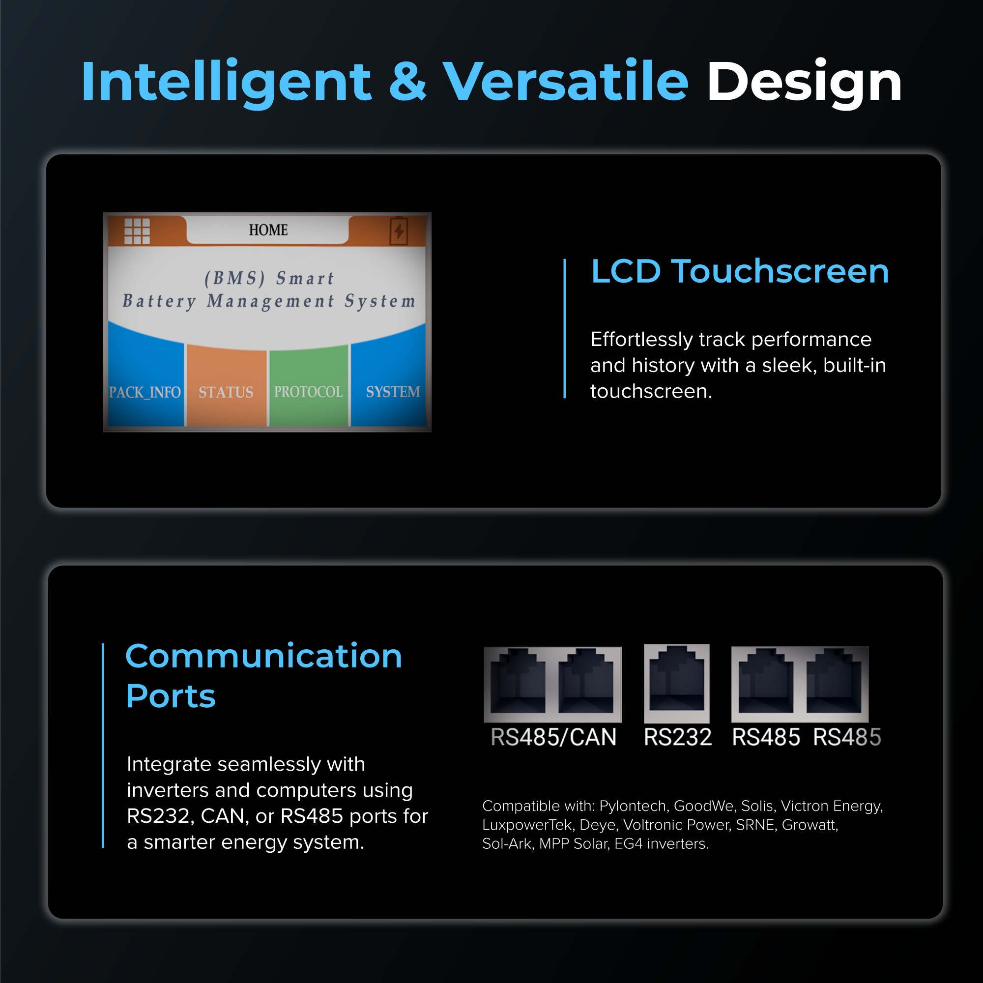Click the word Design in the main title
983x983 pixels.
(804, 82)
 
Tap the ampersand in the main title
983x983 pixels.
(407, 82)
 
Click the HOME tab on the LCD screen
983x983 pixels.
(268, 230)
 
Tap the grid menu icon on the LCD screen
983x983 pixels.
(137, 231)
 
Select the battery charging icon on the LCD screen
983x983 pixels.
(399, 231)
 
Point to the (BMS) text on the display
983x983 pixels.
(234, 278)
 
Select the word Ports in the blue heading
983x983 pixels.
(171, 695)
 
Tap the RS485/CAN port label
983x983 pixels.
(553, 737)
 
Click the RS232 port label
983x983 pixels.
(677, 737)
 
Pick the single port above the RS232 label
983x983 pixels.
(676, 682)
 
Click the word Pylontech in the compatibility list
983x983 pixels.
(633, 806)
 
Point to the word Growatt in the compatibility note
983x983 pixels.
(809, 825)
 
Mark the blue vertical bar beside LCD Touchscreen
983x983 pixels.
(565, 328)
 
